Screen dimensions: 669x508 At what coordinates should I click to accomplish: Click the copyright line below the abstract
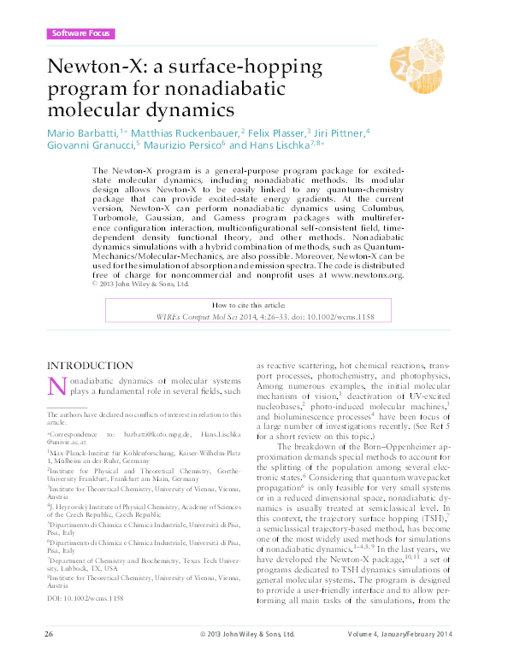(142, 285)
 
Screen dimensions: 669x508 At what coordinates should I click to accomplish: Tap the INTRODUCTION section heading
(90, 366)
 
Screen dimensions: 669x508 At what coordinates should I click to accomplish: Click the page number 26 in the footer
(49, 658)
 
